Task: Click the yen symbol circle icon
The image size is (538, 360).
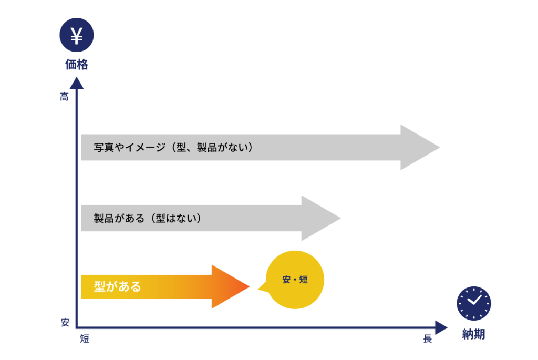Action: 77,36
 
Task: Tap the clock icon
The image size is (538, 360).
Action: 473,303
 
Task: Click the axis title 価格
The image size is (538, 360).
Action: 77,65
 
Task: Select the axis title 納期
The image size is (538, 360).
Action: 473,334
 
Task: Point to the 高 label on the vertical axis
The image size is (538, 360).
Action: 64,97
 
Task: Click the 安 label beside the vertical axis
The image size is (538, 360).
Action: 65,322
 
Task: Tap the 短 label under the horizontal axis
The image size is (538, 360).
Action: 85,339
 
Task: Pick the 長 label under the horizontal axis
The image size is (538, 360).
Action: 427,339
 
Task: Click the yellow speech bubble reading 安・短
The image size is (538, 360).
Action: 295,280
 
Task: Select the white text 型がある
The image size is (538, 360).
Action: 117,287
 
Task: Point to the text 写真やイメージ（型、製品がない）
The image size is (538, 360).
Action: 173,148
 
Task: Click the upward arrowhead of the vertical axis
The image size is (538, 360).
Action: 77,84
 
